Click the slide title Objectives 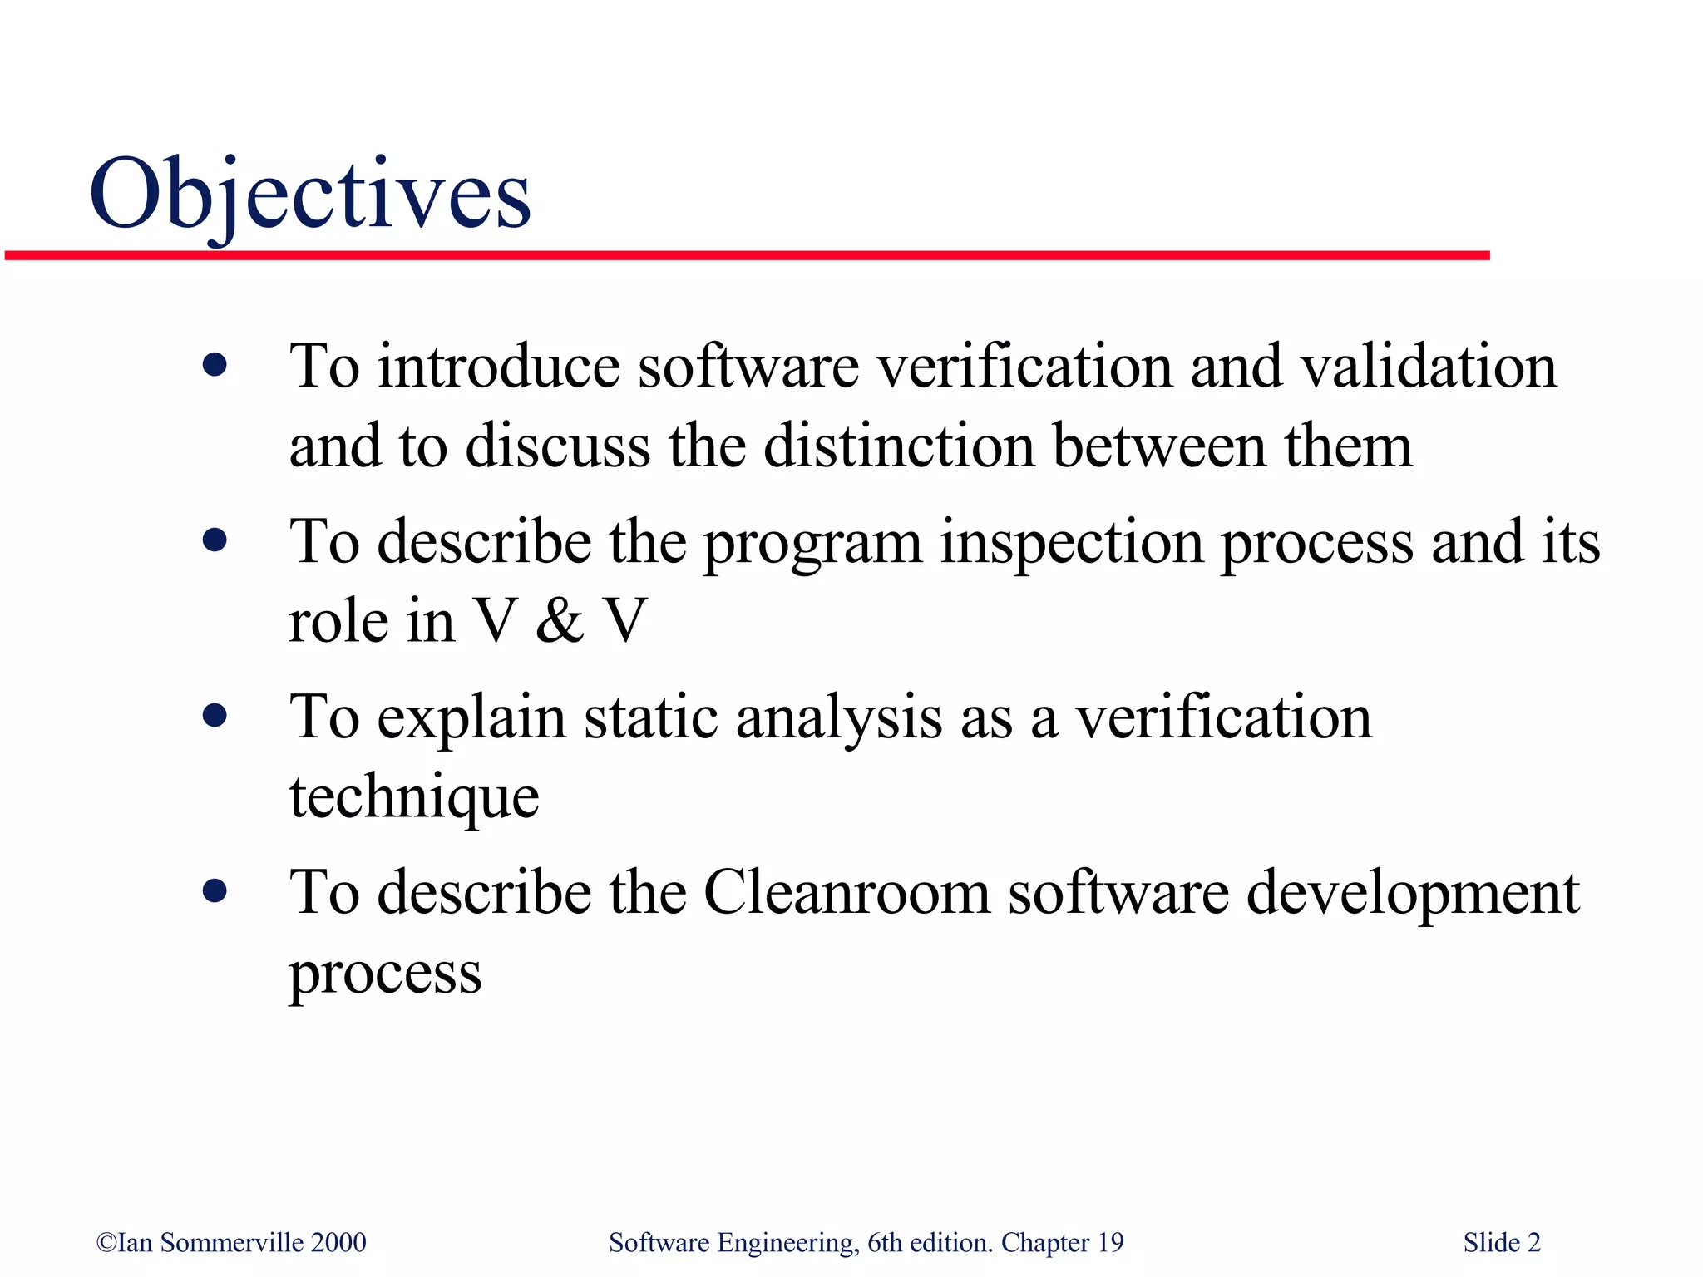(x=309, y=195)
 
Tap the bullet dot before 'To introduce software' (x=215, y=365)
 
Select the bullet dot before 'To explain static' (x=215, y=716)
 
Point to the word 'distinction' (x=899, y=446)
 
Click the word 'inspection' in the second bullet (x=1071, y=542)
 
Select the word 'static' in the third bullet (x=650, y=717)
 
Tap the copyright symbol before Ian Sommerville (x=106, y=1242)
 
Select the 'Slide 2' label (x=1501, y=1242)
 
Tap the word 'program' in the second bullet (x=812, y=544)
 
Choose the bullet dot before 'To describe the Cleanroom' (x=215, y=892)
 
